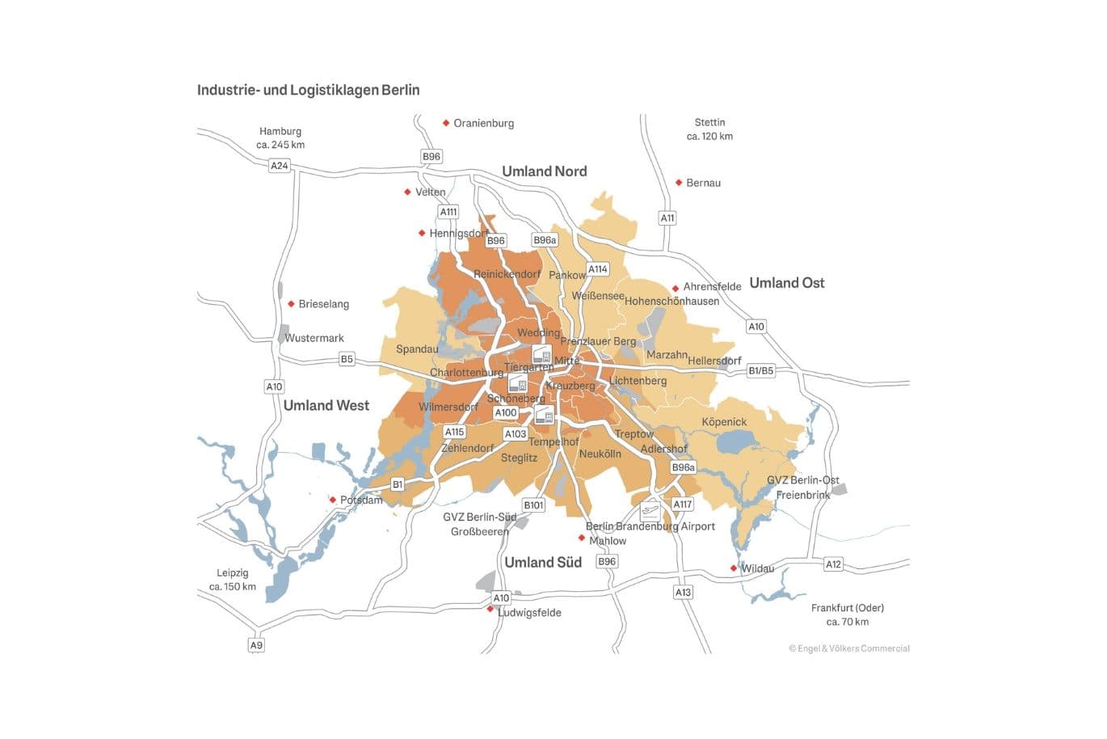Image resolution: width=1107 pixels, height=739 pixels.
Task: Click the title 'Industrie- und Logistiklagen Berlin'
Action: pos(308,90)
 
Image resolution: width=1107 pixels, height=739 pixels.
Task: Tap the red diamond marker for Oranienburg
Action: pos(446,123)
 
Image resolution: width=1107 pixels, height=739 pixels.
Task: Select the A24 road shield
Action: pos(279,166)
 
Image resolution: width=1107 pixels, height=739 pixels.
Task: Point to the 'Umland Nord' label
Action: pos(544,171)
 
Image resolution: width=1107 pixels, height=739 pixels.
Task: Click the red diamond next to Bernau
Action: pos(679,183)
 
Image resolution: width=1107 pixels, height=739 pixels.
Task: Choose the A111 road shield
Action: pos(448,212)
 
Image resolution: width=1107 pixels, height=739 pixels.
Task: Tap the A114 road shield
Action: pos(597,269)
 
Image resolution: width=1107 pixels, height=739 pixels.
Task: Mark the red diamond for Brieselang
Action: pos(291,304)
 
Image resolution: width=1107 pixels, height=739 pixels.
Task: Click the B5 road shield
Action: pos(347,359)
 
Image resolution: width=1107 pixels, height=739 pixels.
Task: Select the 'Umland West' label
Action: pos(326,406)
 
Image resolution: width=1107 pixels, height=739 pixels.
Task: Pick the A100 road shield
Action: pos(506,413)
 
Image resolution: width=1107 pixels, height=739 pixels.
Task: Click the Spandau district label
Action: pos(417,349)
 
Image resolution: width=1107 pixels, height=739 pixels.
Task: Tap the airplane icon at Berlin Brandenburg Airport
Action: pos(650,511)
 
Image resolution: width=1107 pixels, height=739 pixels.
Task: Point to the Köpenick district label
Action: pos(724,422)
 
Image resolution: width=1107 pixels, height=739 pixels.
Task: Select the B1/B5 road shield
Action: pos(760,371)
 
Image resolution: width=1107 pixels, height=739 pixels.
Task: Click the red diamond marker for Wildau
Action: pos(734,568)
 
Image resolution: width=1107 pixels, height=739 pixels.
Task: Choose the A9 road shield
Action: pos(256,645)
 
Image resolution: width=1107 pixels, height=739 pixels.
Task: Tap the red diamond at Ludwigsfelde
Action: pos(490,609)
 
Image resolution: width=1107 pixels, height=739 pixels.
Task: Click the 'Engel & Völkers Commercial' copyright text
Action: pos(849,648)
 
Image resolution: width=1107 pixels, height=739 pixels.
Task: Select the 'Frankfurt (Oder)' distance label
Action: pos(847,614)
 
